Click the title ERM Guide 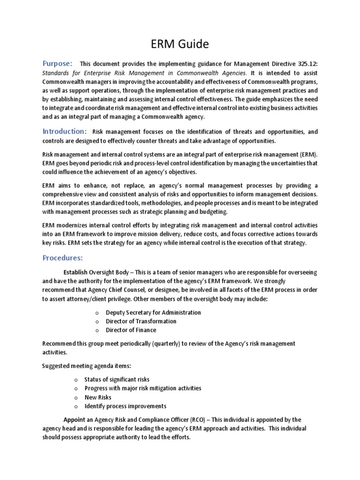pos(180,45)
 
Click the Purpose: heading pos(58,63)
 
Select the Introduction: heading pos(65,131)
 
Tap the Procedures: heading pos(63,258)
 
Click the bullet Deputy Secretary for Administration pos(153,313)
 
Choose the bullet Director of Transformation pos(141,322)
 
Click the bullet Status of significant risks pos(117,379)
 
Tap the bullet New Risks pos(98,397)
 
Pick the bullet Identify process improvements pos(125,406)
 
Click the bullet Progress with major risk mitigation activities pos(142,388)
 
